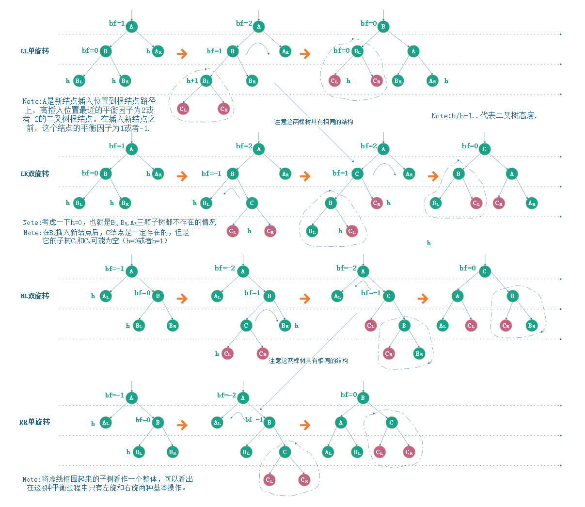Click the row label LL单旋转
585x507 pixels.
pos(34,51)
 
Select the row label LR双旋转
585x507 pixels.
pos(34,174)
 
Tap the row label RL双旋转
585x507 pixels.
pos(34,296)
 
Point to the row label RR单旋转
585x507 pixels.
pos(34,422)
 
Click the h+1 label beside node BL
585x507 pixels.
pos(192,80)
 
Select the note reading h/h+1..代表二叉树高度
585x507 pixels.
pos(484,116)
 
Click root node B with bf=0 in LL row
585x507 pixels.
pos(383,27)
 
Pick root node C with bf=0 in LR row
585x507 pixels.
pos(484,149)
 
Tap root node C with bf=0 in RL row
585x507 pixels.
pos(484,271)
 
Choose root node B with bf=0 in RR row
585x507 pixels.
pos(363,398)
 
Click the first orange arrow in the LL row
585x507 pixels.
pos(182,53)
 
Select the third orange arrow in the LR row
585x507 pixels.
pos(433,176)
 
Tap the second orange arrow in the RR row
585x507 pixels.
pos(305,425)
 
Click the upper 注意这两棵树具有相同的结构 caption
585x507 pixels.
pos(314,122)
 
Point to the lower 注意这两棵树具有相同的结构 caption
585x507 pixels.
pos(308,361)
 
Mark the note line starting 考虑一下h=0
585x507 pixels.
pos(119,222)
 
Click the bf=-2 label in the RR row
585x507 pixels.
pos(226,395)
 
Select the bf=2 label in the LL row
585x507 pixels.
pos(244,23)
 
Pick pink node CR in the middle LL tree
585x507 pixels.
pos(223,109)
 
